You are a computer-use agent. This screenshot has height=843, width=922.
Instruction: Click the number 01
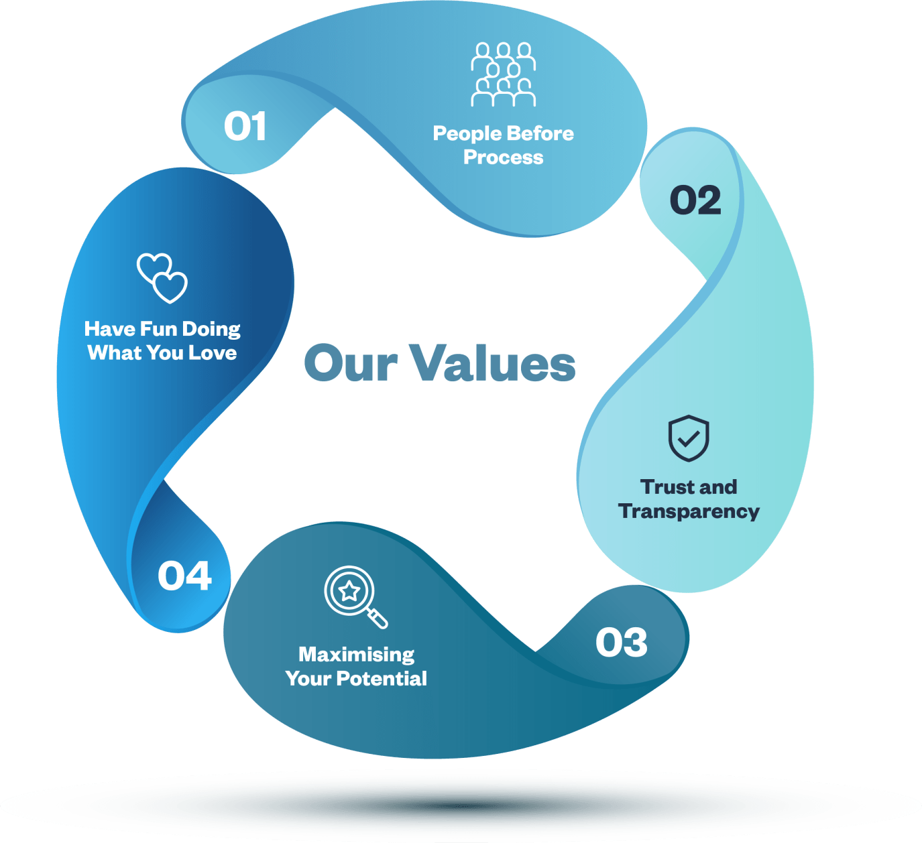pyautogui.click(x=245, y=127)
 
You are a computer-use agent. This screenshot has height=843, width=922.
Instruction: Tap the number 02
pyautogui.click(x=695, y=200)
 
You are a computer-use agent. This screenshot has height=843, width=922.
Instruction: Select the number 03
pyautogui.click(x=622, y=643)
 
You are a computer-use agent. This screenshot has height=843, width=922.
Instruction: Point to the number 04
pyautogui.click(x=185, y=576)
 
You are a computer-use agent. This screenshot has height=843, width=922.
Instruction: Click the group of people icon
pyautogui.click(x=503, y=74)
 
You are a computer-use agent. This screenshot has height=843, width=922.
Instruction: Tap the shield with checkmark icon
pyautogui.click(x=689, y=438)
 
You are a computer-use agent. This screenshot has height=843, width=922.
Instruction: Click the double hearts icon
pyautogui.click(x=162, y=277)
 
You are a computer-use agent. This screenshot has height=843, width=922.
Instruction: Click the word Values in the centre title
pyautogui.click(x=492, y=364)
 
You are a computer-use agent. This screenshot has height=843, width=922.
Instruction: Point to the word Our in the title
pyautogui.click(x=351, y=364)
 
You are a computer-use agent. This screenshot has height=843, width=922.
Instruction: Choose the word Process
pyautogui.click(x=503, y=157)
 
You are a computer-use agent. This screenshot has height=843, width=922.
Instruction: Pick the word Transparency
pyautogui.click(x=689, y=512)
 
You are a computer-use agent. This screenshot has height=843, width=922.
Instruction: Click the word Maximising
pyautogui.click(x=356, y=655)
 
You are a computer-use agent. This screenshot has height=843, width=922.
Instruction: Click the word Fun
pyautogui.click(x=158, y=329)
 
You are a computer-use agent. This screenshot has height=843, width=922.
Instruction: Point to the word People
pyautogui.click(x=466, y=134)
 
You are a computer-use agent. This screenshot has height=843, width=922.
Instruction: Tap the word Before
pyautogui.click(x=540, y=133)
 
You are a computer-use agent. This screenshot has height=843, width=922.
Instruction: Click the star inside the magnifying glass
pyautogui.click(x=349, y=591)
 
